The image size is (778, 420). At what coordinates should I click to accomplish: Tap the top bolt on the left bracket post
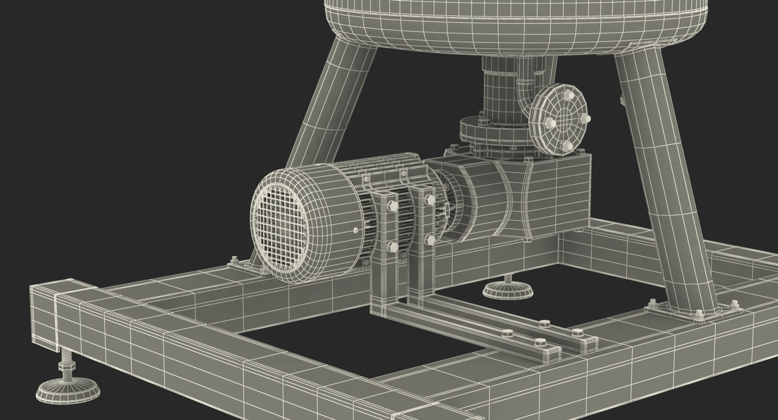point(392,204)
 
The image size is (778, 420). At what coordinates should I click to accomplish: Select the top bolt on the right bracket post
point(429,199)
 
